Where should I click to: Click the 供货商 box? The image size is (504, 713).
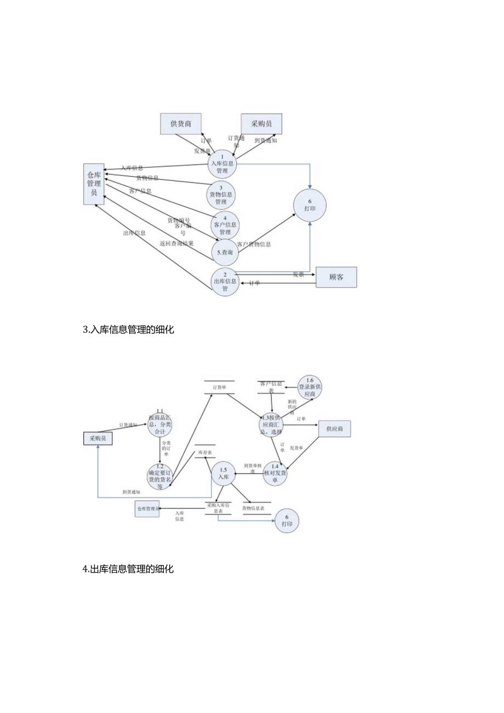181,124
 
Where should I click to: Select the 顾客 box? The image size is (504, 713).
336,277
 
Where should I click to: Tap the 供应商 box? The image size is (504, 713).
334,429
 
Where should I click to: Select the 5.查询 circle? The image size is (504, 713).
225,253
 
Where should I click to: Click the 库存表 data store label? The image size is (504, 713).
205,453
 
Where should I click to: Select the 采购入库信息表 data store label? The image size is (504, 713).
218,507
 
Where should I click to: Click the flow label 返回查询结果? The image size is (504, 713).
176,243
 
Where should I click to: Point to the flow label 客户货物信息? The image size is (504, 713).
254,244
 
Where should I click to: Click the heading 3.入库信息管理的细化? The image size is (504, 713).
128,330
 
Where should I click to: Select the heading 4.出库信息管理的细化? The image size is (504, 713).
128,569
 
